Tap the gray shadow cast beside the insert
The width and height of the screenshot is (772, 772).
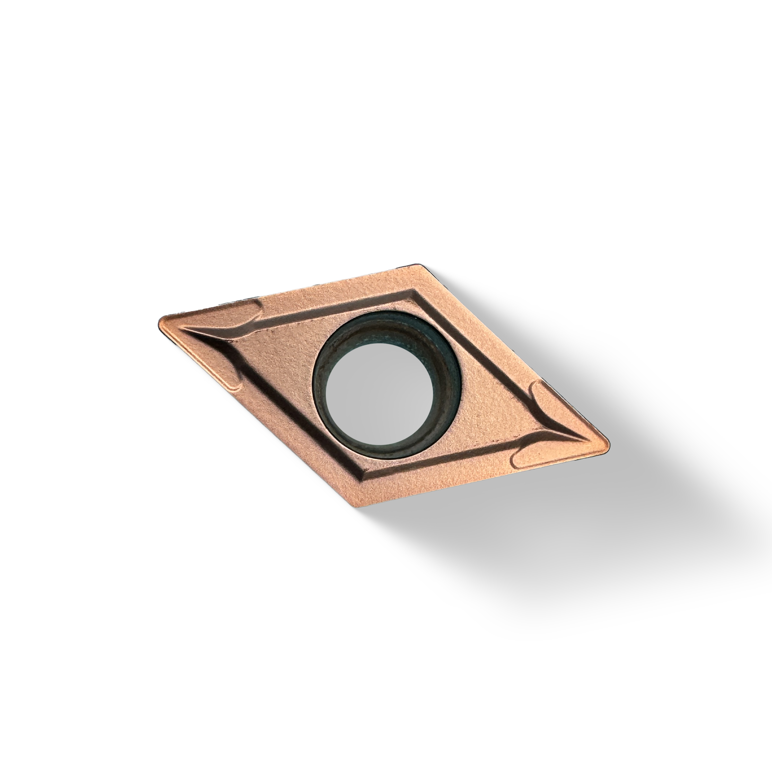pyautogui.click(x=599, y=539)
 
